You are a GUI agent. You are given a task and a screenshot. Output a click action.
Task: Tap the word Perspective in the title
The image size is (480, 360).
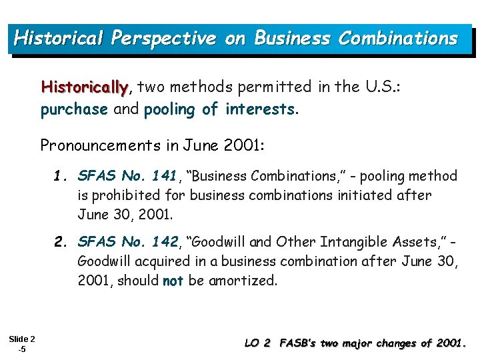point(163,38)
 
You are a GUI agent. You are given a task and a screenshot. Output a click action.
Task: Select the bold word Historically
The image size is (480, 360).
point(85,87)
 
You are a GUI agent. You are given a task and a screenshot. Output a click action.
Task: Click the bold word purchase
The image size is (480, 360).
point(73,109)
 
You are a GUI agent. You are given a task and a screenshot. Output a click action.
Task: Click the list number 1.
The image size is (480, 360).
point(61,176)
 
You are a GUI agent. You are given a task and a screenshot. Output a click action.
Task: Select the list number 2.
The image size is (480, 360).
point(61,241)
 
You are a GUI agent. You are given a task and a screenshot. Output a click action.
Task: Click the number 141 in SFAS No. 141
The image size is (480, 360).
point(164,176)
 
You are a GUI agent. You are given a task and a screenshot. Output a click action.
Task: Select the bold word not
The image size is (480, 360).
point(173,281)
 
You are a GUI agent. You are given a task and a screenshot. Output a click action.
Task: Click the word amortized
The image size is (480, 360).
point(242,281)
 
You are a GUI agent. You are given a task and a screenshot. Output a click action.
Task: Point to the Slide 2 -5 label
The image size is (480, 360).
point(23,343)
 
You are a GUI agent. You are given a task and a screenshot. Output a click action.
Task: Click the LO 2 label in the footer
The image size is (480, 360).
point(257,343)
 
